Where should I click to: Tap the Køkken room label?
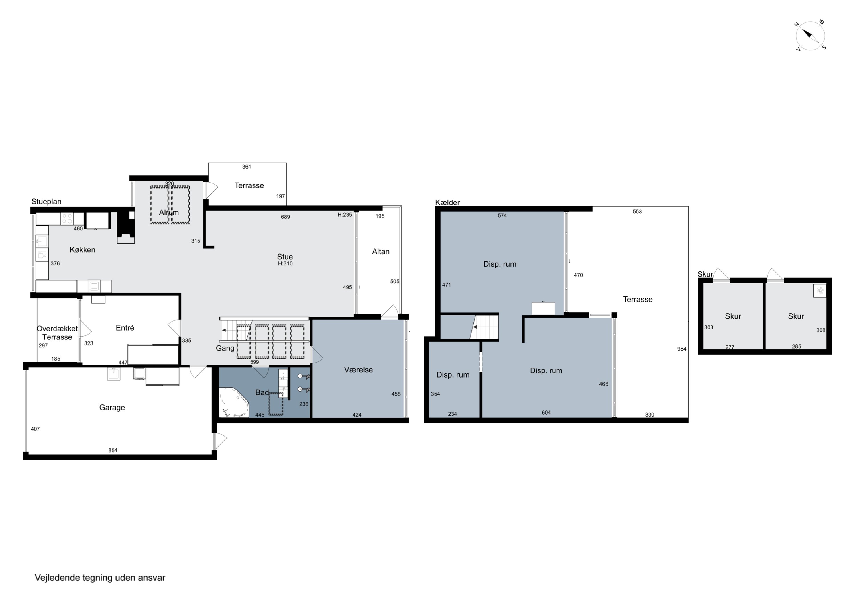coord(82,250)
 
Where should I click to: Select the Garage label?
coord(112,408)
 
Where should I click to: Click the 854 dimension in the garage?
coord(113,450)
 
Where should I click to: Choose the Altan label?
coord(380,251)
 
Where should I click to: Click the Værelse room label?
coord(358,370)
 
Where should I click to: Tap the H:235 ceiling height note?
coord(345,215)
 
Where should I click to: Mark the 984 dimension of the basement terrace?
coord(682,349)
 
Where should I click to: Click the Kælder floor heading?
coord(448,202)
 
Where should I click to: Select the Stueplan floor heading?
coord(46,202)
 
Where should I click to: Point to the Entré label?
coord(125,328)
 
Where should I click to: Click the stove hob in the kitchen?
coord(67,218)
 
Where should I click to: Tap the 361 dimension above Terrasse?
coord(247,167)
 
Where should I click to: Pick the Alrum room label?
coord(169,212)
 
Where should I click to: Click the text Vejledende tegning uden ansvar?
coord(100,578)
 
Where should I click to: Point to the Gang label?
coord(225,348)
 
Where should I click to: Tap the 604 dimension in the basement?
coord(546,412)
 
